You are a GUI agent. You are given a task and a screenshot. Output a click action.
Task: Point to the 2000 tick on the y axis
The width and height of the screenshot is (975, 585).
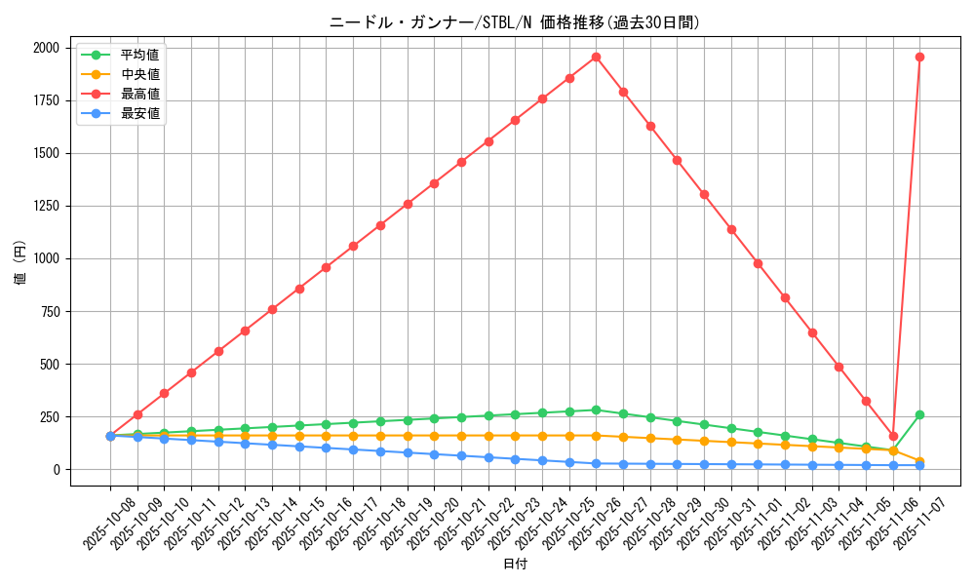pos(45,48)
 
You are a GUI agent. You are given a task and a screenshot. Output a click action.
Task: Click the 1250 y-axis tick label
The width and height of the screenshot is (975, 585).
pos(45,206)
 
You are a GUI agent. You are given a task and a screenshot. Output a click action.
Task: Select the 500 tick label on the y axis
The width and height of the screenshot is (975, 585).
pos(49,364)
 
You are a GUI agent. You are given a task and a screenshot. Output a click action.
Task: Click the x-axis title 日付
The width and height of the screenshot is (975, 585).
pos(515,565)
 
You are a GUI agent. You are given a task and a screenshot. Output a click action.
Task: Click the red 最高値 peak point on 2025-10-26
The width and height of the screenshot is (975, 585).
pos(596,57)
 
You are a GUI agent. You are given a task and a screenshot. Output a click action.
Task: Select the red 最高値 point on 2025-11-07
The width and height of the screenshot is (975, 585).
pos(919,57)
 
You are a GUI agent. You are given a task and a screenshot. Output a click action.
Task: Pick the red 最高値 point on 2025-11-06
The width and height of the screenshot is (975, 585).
pos(893,436)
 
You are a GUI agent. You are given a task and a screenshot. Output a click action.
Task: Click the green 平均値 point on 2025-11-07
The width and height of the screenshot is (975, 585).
pos(919,414)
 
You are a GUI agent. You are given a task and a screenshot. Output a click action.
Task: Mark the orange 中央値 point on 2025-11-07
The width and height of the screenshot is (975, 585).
pos(919,461)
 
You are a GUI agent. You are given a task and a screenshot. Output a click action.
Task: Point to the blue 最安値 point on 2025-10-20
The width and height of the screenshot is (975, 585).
pos(434,454)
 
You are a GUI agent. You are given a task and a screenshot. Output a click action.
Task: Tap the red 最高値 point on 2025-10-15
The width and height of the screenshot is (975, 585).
pos(299,289)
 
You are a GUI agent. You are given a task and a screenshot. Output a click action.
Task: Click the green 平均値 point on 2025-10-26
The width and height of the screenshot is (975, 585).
pos(596,410)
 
